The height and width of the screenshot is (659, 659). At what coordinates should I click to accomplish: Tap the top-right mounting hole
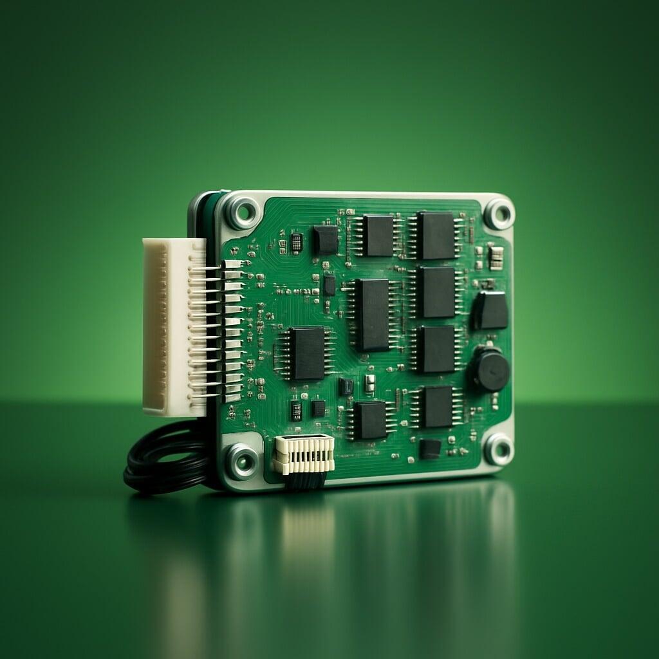pyautogui.click(x=499, y=214)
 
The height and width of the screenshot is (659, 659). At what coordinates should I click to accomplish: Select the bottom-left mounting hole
pyautogui.click(x=241, y=461)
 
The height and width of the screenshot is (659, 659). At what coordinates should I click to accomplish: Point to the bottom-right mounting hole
pyautogui.click(x=499, y=449)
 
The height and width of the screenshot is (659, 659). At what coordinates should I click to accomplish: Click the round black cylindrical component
pyautogui.click(x=490, y=369)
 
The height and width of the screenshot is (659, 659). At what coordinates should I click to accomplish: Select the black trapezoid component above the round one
pyautogui.click(x=491, y=310)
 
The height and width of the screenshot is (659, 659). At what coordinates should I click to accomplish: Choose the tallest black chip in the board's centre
pyautogui.click(x=373, y=314)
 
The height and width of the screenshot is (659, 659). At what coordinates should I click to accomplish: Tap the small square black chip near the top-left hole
pyautogui.click(x=326, y=239)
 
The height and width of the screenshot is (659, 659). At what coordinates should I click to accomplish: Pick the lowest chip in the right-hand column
pyautogui.click(x=438, y=406)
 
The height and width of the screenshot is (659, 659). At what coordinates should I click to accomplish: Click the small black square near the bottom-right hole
pyautogui.click(x=430, y=449)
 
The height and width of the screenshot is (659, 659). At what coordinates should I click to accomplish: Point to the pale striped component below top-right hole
pyautogui.click(x=496, y=257)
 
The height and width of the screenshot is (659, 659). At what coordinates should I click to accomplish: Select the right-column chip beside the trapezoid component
pyautogui.click(x=438, y=292)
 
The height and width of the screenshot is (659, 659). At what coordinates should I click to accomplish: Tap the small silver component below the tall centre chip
pyautogui.click(x=369, y=383)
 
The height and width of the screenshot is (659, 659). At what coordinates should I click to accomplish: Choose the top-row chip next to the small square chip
pyautogui.click(x=378, y=236)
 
